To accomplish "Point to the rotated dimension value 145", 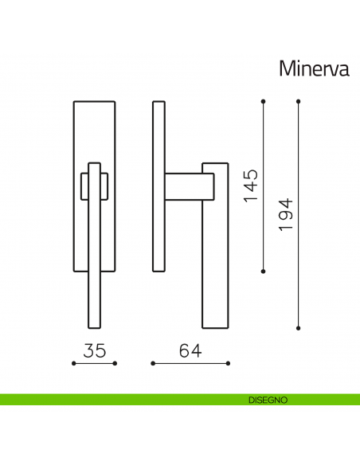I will pos(252,186).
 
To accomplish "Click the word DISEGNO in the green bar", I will pos(262,399).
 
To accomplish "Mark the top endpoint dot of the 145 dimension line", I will pos(264,101).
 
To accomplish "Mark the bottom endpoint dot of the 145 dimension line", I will pos(264,272).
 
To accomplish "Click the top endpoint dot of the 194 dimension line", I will pos(298,101).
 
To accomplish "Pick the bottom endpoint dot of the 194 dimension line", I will pos(298,327).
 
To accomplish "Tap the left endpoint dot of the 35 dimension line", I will pos(73,364).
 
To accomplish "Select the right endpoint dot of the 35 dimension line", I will pos(115,364).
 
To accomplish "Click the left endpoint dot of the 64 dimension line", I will pos(152,364).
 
